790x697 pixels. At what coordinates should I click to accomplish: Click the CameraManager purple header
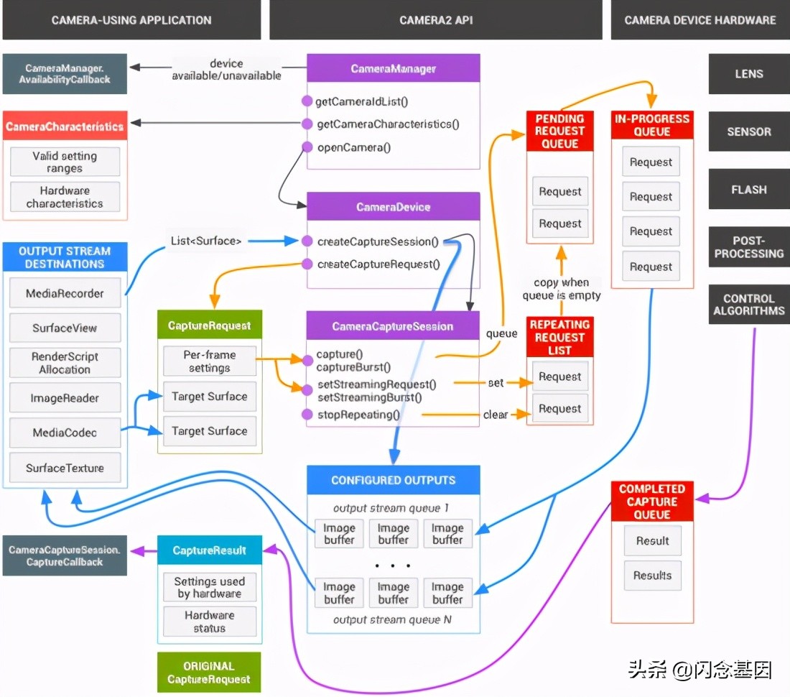tap(393, 69)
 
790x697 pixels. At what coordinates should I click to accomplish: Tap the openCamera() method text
tap(354, 148)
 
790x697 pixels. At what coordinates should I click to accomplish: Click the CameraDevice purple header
tap(393, 207)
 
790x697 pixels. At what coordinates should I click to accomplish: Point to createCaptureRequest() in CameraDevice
tap(378, 264)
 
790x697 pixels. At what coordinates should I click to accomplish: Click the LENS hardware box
tap(749, 74)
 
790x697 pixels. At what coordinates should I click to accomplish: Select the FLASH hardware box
tap(749, 190)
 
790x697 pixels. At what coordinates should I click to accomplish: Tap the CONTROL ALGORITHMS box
tap(749, 305)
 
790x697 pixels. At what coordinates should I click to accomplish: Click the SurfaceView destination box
tap(65, 328)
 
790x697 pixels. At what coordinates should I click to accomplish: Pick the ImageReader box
tap(65, 398)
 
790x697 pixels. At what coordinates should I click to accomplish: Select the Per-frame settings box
tap(209, 361)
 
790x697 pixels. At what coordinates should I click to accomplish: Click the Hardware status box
tap(209, 622)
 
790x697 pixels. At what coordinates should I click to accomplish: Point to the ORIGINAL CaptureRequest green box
tap(209, 673)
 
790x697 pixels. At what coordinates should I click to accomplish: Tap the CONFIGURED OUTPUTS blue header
tap(393, 480)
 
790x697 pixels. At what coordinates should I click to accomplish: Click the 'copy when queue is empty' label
tap(561, 289)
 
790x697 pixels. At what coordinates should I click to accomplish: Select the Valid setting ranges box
tap(65, 162)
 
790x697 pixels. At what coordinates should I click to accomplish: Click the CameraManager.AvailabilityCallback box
tap(65, 73)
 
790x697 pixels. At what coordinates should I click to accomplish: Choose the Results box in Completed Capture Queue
tap(652, 576)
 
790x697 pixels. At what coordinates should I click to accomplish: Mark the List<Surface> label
tap(206, 241)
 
